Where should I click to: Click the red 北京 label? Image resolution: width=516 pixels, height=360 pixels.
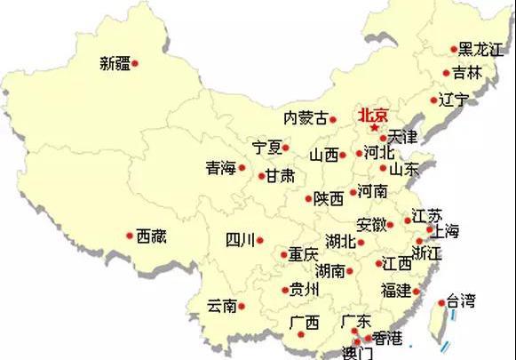coord(373,116)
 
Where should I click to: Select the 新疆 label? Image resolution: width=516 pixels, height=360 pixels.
coord(115,63)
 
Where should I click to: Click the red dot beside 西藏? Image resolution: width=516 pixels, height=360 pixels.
coord(130,236)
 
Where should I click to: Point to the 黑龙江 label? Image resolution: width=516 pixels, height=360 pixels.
coord(480,50)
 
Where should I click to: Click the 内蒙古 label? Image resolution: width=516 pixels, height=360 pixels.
coord(305,117)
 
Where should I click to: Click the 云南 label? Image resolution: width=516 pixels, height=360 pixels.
coord(221,306)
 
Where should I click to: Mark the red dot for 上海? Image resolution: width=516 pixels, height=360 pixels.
coord(430,229)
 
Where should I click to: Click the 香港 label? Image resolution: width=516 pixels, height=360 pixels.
coord(387,338)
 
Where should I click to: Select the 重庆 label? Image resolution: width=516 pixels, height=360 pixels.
coord(303,254)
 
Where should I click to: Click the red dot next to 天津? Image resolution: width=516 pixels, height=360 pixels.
coord(382,138)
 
